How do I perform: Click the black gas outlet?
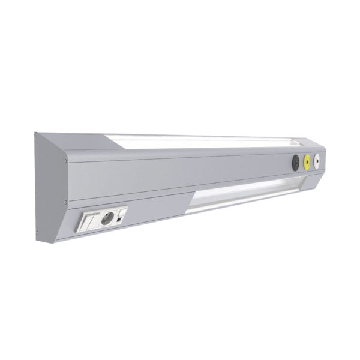click(295, 162)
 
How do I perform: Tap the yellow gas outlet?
click(307, 161)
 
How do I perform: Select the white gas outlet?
click(317, 160)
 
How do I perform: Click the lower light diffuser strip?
click(246, 193)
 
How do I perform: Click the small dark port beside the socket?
click(121, 218)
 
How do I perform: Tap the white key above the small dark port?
click(122, 211)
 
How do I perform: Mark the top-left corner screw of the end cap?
click(36, 134)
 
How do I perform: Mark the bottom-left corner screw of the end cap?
click(37, 233)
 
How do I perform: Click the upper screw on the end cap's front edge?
click(64, 160)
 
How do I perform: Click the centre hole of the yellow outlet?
click(307, 161)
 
